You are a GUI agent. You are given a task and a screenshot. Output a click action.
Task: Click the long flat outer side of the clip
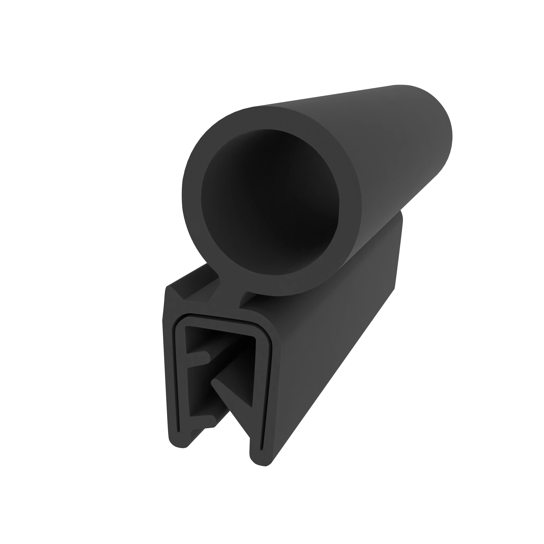[338, 352]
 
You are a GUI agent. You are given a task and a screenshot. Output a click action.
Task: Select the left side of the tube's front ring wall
[191, 197]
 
